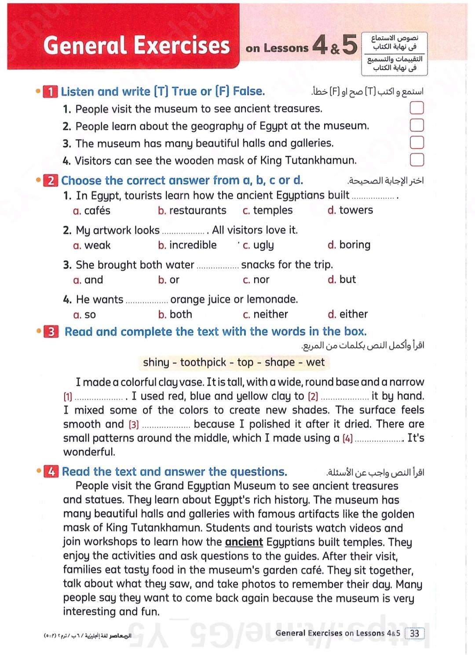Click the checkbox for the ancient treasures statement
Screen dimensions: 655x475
417,108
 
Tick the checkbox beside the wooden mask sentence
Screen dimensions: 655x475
417,159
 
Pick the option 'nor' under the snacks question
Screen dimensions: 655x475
261,280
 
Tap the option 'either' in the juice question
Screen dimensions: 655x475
353,314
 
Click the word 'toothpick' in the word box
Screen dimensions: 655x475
203,362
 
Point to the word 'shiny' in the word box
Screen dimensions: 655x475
156,362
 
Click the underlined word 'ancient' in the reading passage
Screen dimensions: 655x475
244,542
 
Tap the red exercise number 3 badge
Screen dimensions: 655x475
51,332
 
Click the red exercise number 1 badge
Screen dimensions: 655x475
51,92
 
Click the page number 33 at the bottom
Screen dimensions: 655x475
414,633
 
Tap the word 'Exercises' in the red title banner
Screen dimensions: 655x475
182,45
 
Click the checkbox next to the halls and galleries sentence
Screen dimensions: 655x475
417,142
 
